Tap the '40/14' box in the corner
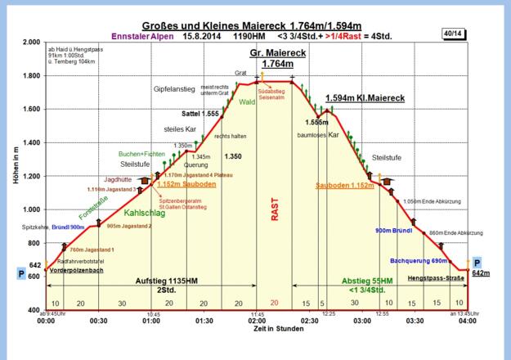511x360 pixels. click(450, 34)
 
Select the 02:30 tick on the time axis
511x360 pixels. click(310, 320)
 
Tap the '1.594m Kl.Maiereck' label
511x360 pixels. click(365, 98)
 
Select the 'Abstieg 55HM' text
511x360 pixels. click(368, 280)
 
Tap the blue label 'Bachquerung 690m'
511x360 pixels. click(419, 260)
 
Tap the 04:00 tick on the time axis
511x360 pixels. click(467, 320)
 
